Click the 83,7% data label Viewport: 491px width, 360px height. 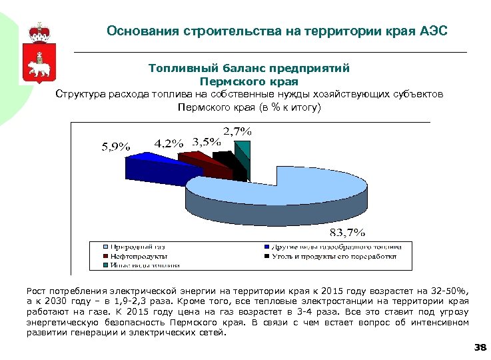(x=347, y=232)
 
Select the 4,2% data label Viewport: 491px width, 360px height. (x=169, y=143)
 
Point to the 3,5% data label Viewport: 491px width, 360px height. (x=206, y=141)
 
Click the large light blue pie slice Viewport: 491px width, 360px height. (x=313, y=190)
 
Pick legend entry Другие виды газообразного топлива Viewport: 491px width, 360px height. (x=340, y=247)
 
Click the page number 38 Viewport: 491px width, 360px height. (x=479, y=347)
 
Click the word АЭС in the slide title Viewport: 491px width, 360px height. (x=435, y=31)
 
